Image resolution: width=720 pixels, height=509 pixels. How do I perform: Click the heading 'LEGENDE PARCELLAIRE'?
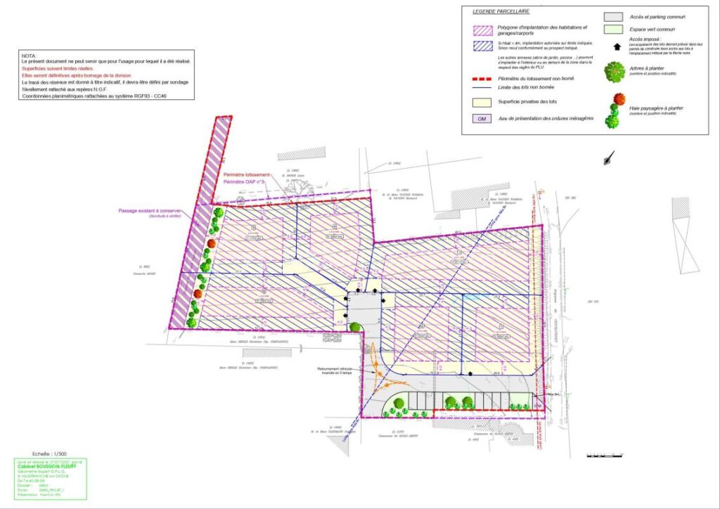pos(500,12)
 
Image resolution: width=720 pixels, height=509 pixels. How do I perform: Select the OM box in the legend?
pos(482,119)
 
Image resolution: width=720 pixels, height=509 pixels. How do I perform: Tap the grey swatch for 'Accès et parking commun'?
pos(615,16)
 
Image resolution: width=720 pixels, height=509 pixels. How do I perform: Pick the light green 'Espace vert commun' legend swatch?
pos(615,29)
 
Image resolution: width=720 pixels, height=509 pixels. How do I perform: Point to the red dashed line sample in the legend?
pos(482,78)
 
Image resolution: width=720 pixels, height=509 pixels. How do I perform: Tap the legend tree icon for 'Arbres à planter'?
pos(615,72)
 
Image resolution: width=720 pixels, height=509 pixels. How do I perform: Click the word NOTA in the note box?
pos(28,55)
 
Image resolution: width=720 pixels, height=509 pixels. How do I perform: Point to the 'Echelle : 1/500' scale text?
pos(49,454)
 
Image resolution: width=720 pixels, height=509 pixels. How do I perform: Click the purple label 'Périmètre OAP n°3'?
pos(243,182)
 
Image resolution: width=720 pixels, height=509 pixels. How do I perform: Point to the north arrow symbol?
pos(607,159)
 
